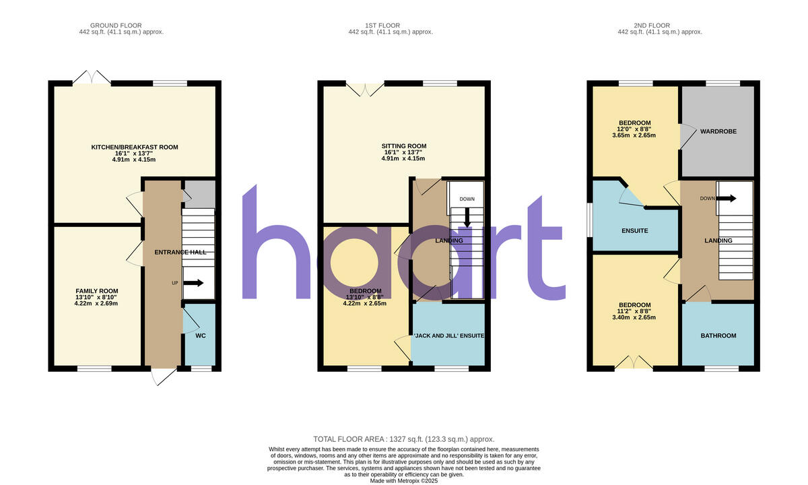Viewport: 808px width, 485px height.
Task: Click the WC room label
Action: pos(199,335)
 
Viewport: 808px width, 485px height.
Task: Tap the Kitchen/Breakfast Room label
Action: pos(135,147)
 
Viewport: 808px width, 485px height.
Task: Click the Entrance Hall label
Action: pos(180,252)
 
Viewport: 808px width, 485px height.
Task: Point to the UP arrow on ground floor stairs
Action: pos(193,284)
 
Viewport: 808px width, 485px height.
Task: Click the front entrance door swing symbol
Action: pos(162,377)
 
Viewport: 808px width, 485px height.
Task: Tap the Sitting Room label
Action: pos(404,146)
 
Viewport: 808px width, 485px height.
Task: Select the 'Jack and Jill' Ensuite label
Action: pos(448,335)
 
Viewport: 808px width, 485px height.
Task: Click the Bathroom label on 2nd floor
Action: pos(718,335)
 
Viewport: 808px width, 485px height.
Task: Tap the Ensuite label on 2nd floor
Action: pos(634,231)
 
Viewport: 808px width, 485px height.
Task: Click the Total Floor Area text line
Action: pos(404,439)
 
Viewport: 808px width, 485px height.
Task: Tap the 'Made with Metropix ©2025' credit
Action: pos(404,480)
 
